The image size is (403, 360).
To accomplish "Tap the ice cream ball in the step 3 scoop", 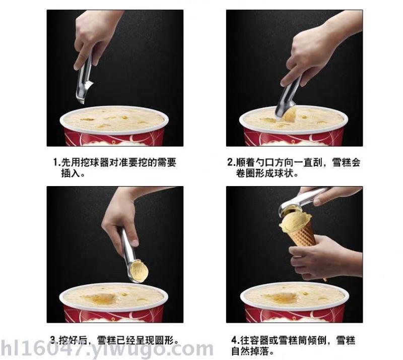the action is coord(139,271).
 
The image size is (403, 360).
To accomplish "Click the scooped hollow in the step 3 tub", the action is coord(101,298).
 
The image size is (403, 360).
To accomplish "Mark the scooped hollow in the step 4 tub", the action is coord(282,298).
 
